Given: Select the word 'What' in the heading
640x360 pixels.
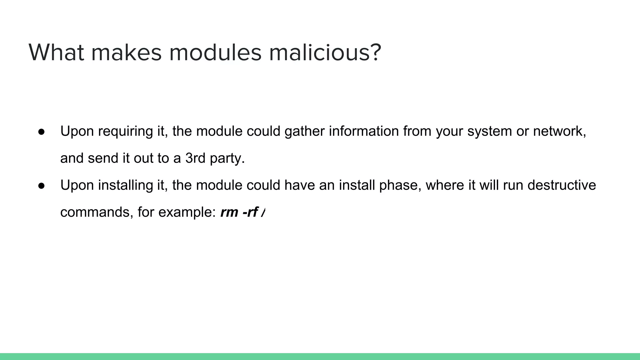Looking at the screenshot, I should click(x=56, y=52).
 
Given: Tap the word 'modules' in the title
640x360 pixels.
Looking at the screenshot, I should click(x=215, y=52).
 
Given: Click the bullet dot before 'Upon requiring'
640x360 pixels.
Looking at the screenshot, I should click(x=42, y=132).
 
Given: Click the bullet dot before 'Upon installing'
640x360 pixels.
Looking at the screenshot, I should click(x=42, y=186).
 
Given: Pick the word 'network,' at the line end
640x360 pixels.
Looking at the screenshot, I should click(x=559, y=131).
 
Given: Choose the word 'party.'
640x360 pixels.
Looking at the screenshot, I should click(x=227, y=159).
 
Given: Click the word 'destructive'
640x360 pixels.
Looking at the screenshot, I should click(x=562, y=185).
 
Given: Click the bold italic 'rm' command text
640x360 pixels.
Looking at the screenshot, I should click(x=229, y=212).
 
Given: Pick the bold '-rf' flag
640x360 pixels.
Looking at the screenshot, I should click(x=250, y=212).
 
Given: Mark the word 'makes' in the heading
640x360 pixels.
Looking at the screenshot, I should click(x=127, y=52).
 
